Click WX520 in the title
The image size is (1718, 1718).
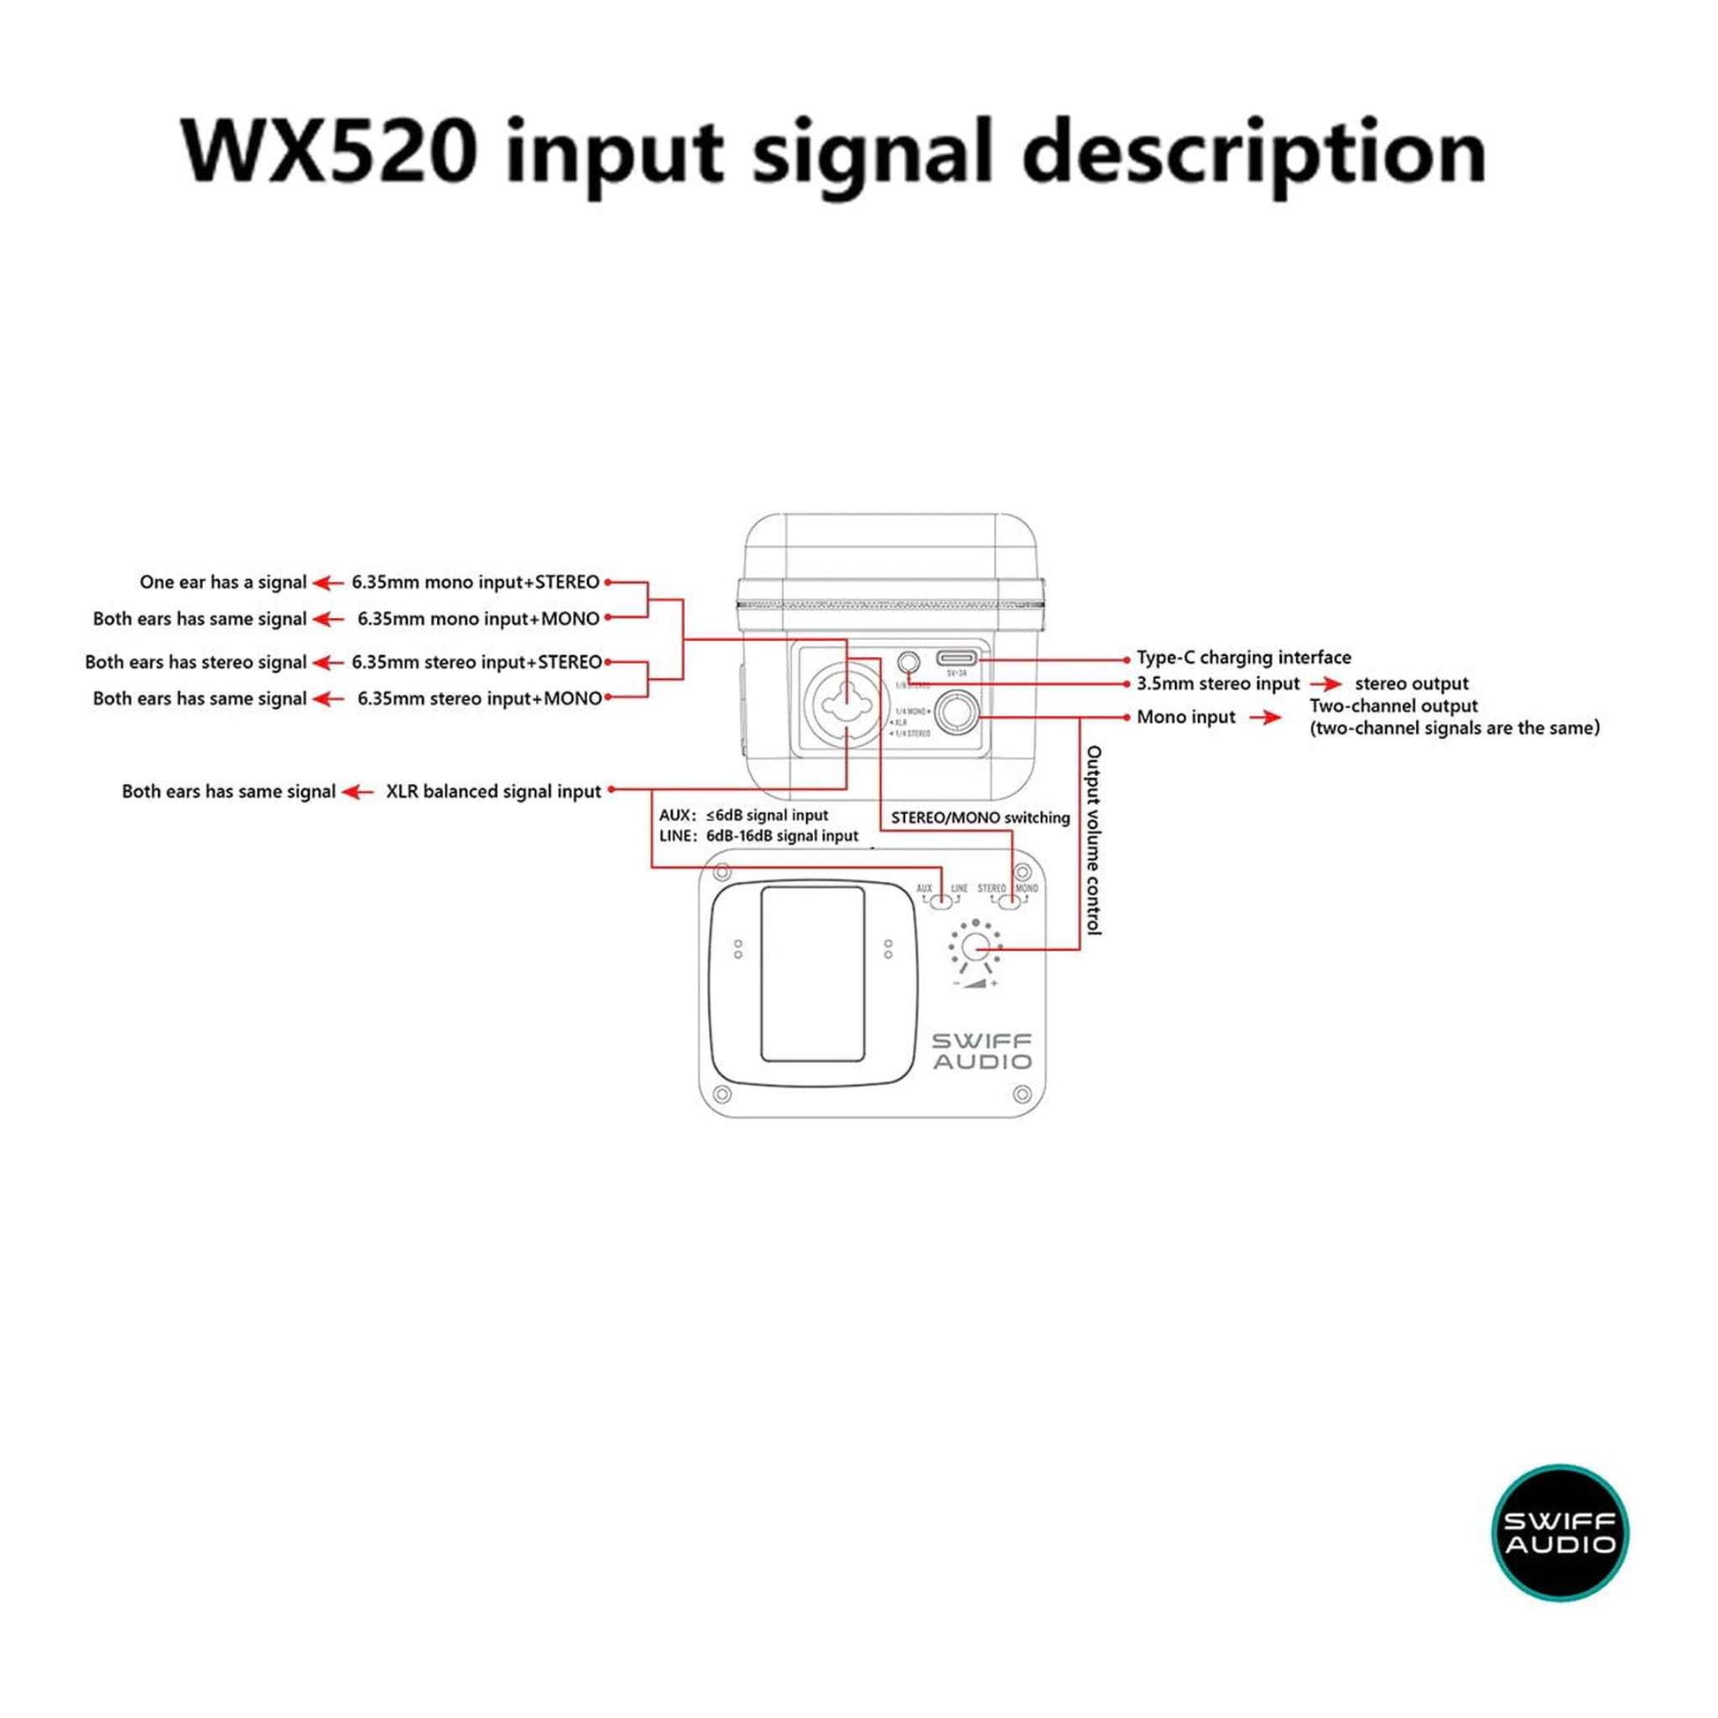(x=329, y=151)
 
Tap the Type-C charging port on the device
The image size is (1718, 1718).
(x=956, y=659)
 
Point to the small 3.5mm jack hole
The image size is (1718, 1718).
(x=908, y=662)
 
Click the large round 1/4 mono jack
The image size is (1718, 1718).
(x=957, y=710)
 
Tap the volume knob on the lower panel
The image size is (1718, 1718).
(x=976, y=947)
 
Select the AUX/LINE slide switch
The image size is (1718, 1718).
(x=941, y=901)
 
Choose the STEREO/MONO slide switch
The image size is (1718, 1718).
(x=1009, y=901)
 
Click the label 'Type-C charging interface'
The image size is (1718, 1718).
(x=1243, y=658)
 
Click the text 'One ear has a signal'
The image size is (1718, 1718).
(x=222, y=583)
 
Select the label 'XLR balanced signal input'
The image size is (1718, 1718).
(x=494, y=791)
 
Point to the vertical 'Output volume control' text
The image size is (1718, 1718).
(x=1094, y=840)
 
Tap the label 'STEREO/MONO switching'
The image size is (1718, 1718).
(x=980, y=818)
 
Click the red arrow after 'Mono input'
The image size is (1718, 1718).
(x=1264, y=718)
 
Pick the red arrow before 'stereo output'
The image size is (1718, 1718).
(x=1326, y=684)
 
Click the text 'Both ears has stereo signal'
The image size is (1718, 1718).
(x=196, y=662)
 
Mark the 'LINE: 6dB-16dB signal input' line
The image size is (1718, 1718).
(x=758, y=836)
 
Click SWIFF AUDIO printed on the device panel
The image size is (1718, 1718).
(x=982, y=1051)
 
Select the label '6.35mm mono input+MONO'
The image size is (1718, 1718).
(x=478, y=619)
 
